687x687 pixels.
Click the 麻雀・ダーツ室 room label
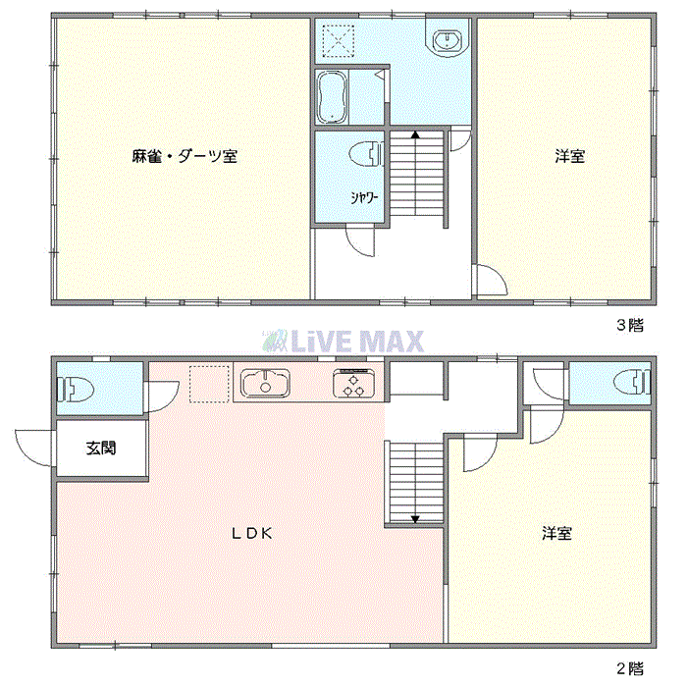click(x=185, y=156)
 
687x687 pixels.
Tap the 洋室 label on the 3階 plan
click(x=569, y=156)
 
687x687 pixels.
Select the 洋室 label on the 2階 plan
click(x=557, y=534)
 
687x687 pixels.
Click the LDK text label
click(x=251, y=534)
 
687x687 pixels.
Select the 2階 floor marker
click(x=629, y=669)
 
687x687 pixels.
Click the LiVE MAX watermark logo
click(x=343, y=341)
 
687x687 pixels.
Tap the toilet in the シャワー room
click(x=365, y=153)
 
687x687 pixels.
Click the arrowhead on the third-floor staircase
click(x=415, y=134)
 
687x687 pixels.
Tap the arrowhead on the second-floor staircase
click(x=415, y=519)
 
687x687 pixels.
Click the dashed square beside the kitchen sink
click(x=207, y=383)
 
